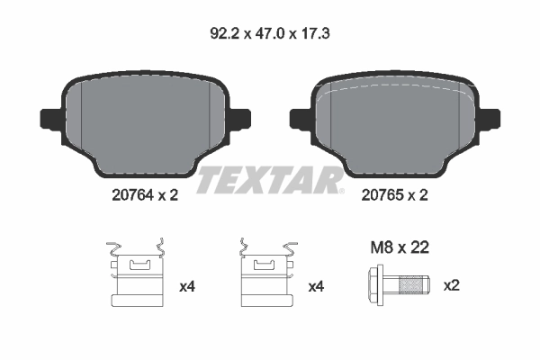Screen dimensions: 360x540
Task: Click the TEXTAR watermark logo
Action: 268,180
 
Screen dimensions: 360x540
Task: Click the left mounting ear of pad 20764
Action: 49,118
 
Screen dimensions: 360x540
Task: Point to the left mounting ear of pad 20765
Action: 299,118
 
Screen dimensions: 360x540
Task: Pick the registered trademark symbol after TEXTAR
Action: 340,190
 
